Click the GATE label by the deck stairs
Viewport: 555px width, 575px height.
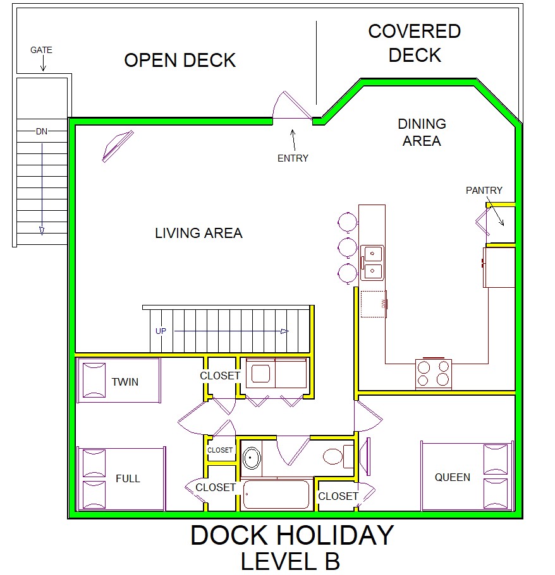tap(41, 50)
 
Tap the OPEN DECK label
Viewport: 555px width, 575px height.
tap(180, 60)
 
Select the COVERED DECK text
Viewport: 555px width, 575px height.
tap(415, 43)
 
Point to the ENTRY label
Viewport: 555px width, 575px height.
tap(293, 158)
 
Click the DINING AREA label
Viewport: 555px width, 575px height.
tap(422, 133)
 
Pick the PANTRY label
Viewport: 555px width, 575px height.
tap(484, 191)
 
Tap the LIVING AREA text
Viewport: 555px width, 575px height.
tap(198, 234)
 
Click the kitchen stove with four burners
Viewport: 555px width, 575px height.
tap(434, 374)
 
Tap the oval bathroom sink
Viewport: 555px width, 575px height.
tap(252, 458)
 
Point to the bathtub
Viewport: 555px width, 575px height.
tap(276, 495)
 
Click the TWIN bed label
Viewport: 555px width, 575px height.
tap(125, 382)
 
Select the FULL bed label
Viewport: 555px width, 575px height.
tap(128, 478)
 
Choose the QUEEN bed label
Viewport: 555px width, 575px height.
tap(453, 477)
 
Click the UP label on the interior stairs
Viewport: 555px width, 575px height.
tap(161, 331)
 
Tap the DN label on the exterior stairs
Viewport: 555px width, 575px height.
tap(42, 131)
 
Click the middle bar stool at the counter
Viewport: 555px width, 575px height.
tap(348, 247)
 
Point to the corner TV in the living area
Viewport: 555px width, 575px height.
tap(118, 146)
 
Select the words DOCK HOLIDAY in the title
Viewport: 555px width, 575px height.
tap(293, 535)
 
